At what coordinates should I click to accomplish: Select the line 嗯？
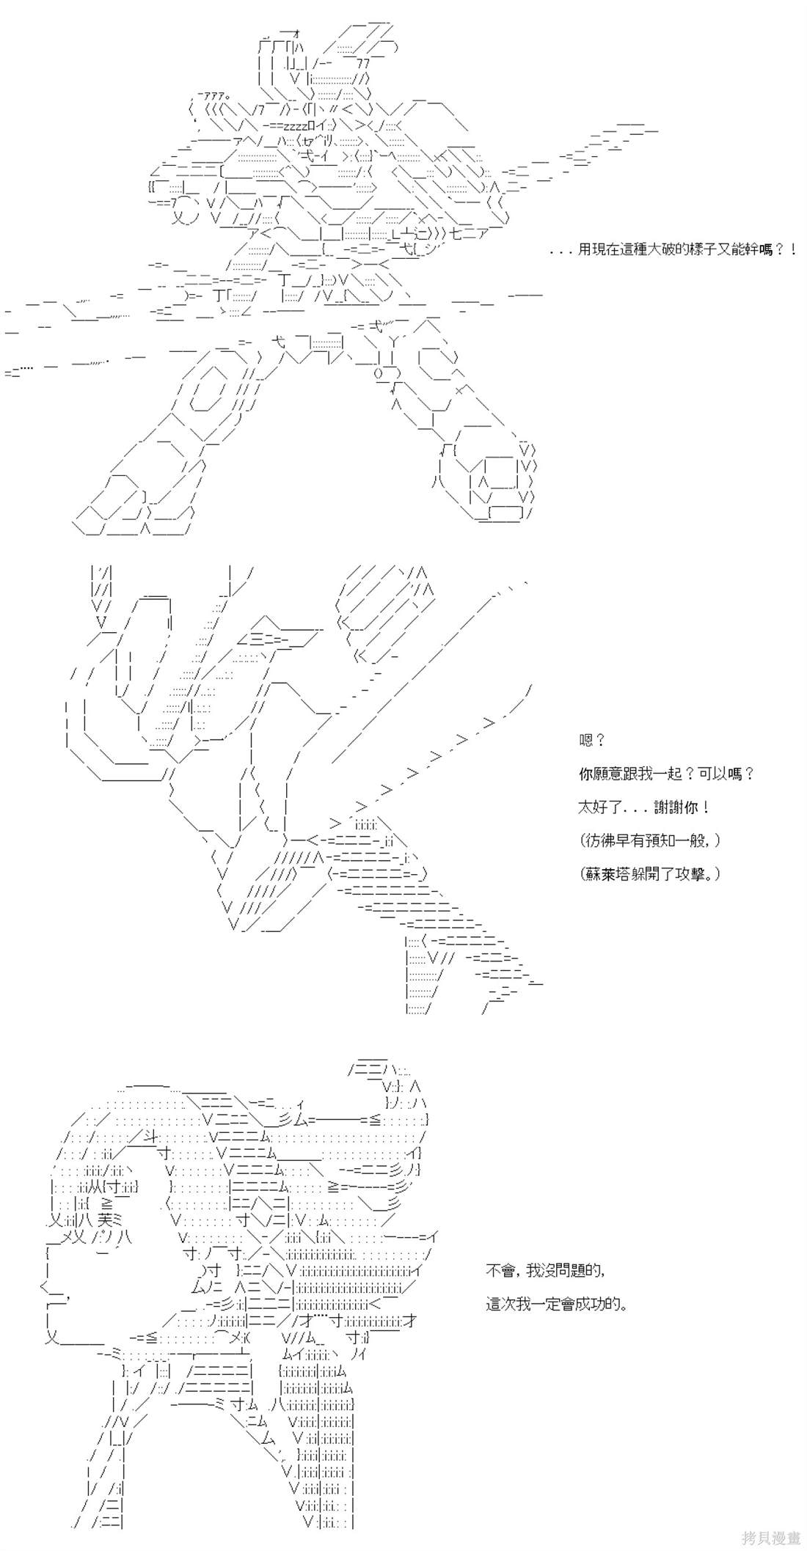(x=592, y=741)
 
